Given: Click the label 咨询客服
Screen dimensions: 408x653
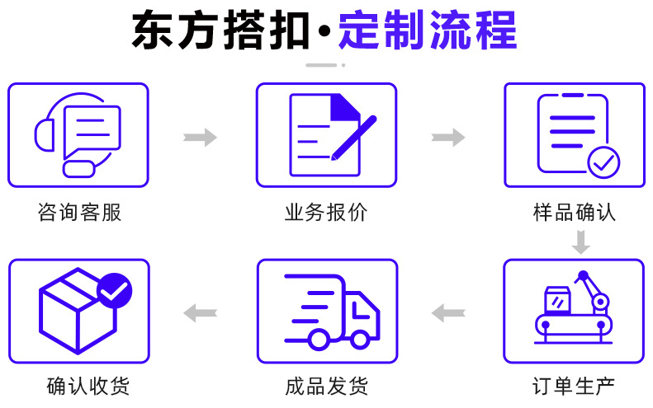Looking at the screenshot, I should click(x=79, y=213).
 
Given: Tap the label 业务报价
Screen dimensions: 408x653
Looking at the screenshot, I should click(x=326, y=213).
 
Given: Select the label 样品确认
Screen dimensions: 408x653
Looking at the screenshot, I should click(x=574, y=213).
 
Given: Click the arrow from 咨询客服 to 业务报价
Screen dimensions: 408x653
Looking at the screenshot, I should click(x=200, y=137).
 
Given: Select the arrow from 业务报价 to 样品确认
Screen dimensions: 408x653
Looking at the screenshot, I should click(x=448, y=137).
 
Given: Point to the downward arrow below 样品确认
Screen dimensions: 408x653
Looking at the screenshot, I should click(x=580, y=242).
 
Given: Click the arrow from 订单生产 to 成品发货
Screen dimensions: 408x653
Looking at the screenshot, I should click(x=448, y=312).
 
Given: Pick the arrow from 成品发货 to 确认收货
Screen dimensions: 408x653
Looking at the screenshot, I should click(x=200, y=312).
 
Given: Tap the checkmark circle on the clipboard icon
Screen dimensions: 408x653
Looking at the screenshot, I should click(x=603, y=162).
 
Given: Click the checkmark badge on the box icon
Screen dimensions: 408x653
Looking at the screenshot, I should click(x=114, y=289).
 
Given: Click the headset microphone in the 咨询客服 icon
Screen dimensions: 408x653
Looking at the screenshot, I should click(x=79, y=168).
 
